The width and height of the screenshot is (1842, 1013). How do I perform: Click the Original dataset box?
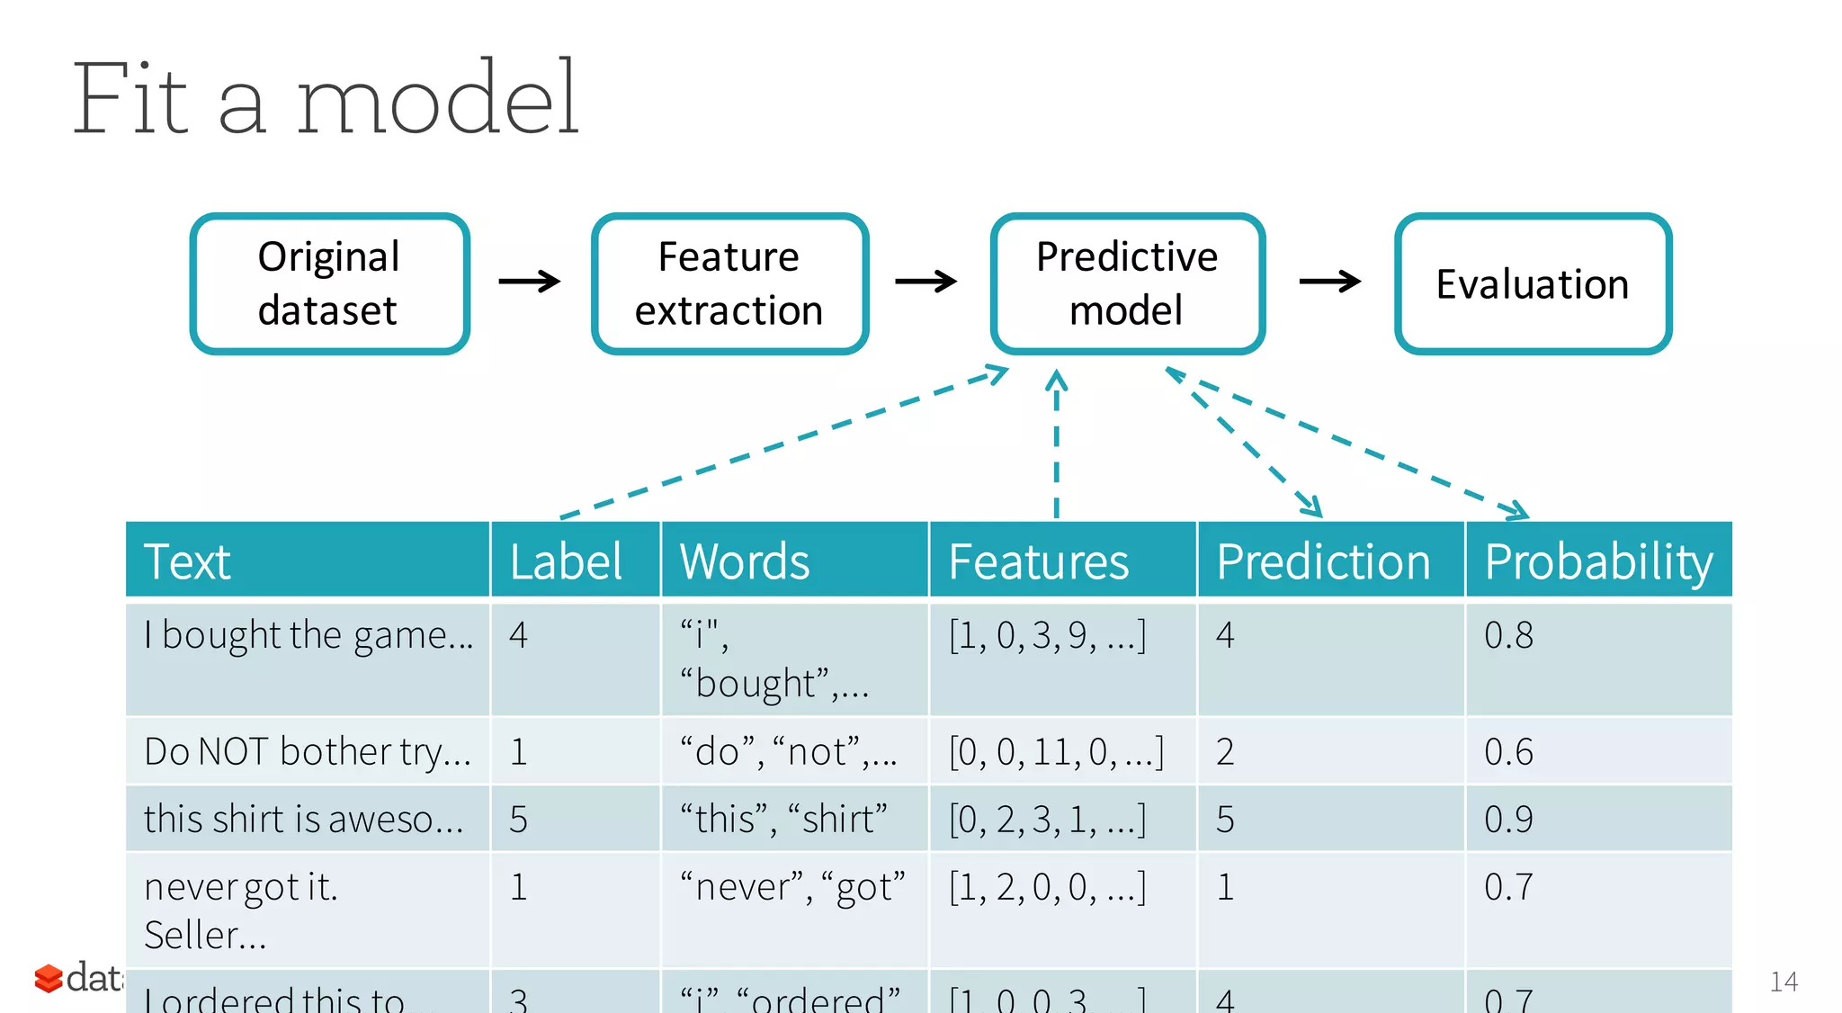click(x=329, y=283)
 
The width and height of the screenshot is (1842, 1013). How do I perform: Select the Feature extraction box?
click(x=729, y=283)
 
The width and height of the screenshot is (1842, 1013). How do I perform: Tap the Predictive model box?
click(x=1127, y=283)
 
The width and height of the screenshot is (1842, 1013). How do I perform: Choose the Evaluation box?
click(x=1533, y=283)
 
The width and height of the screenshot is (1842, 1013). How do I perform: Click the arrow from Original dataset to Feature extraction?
click(x=530, y=282)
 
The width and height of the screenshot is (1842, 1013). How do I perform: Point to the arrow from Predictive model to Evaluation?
click(x=1329, y=282)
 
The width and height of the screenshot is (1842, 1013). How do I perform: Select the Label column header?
click(x=567, y=561)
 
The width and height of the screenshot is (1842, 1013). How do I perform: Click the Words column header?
click(x=745, y=561)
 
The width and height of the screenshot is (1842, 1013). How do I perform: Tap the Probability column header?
click(x=1598, y=561)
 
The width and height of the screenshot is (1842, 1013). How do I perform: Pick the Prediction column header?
click(x=1322, y=561)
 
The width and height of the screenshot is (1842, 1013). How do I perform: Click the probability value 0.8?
click(x=1508, y=635)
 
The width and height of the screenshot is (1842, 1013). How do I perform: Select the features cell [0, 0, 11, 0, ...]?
click(x=1056, y=751)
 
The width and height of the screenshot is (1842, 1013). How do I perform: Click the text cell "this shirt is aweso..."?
click(x=304, y=819)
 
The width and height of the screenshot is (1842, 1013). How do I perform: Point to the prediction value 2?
click(x=1225, y=751)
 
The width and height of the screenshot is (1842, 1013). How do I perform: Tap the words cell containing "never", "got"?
click(x=791, y=887)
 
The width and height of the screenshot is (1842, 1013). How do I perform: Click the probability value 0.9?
click(x=1508, y=819)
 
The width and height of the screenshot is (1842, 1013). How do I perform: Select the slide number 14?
click(x=1783, y=982)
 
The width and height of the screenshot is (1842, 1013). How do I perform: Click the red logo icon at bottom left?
click(x=48, y=978)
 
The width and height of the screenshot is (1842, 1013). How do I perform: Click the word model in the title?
click(x=437, y=98)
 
